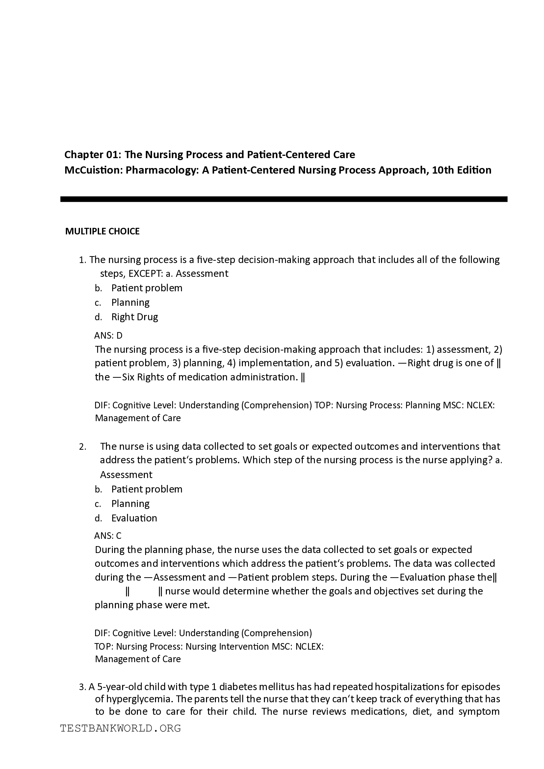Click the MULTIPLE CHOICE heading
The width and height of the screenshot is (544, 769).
pyautogui.click(x=102, y=231)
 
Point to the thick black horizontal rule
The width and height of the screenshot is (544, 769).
pyautogui.click(x=284, y=199)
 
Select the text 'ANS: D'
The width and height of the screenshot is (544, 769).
pyautogui.click(x=108, y=335)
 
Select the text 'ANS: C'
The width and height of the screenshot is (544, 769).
pyautogui.click(x=108, y=536)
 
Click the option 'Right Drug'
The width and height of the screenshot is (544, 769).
pyautogui.click(x=134, y=317)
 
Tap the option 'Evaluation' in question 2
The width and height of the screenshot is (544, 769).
pyautogui.click(x=134, y=518)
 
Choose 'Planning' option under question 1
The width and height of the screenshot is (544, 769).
pyautogui.click(x=130, y=302)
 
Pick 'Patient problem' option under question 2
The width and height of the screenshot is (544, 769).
pyautogui.click(x=147, y=489)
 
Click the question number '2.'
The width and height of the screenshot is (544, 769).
pyautogui.click(x=83, y=447)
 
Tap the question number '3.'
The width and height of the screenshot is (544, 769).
pyautogui.click(x=83, y=687)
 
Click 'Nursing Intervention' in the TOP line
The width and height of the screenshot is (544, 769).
pyautogui.click(x=227, y=646)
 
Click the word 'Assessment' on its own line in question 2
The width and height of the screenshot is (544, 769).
pyautogui.click(x=126, y=475)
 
